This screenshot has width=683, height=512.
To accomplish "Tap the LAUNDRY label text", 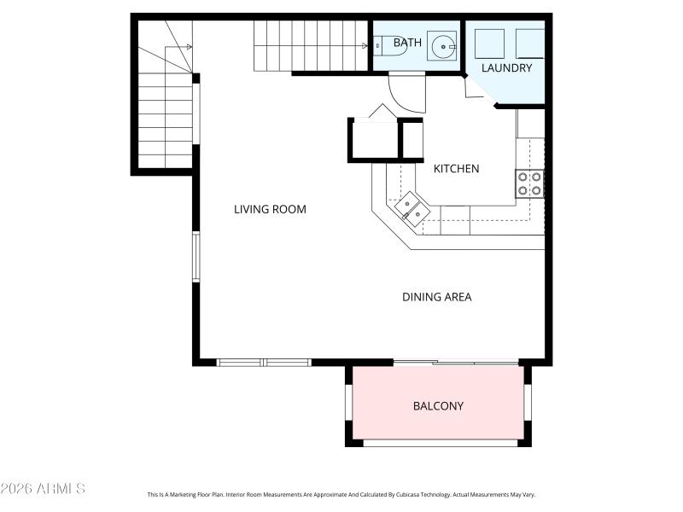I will [x=506, y=67].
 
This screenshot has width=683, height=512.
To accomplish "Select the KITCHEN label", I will [x=456, y=168].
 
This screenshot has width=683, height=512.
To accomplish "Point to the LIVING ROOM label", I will [x=270, y=209].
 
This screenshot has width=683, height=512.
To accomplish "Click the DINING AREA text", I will [x=436, y=297].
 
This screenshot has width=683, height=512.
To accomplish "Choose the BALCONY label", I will [x=438, y=406].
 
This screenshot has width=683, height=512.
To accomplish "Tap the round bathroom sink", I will [x=442, y=46].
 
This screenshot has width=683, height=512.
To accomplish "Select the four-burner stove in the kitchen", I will [x=529, y=183].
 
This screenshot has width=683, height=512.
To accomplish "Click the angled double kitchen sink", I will [x=411, y=209].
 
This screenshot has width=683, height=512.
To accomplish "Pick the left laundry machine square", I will [x=489, y=43].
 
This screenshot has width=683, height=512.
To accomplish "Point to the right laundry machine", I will [x=530, y=43].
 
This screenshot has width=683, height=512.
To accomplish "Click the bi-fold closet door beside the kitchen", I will [x=382, y=112].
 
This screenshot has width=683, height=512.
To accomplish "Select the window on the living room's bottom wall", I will [x=264, y=363].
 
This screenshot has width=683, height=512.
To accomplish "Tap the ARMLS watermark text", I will [x=43, y=489].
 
